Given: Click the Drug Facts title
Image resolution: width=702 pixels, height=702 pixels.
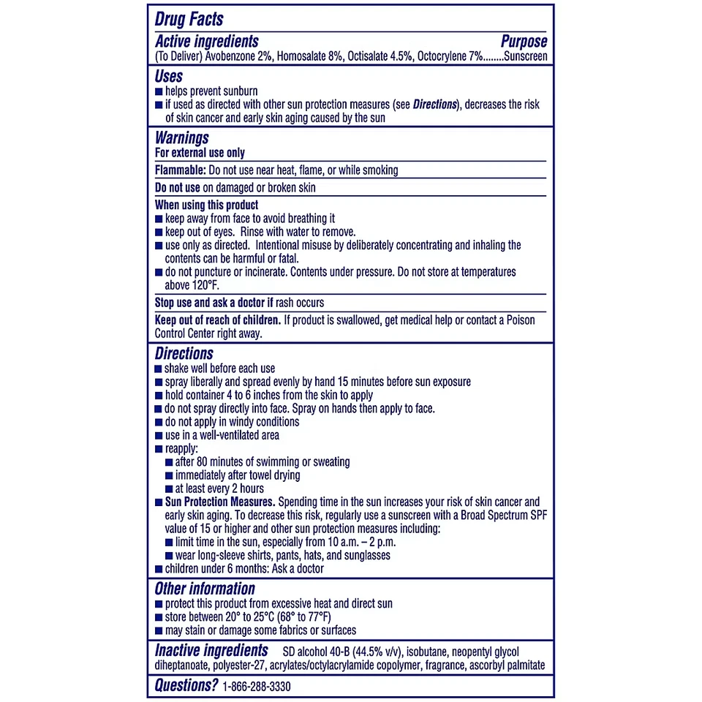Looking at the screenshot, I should (x=189, y=19).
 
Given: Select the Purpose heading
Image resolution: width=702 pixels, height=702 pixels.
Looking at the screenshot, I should (x=524, y=42).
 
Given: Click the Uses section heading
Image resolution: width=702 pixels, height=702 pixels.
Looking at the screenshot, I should (x=169, y=76).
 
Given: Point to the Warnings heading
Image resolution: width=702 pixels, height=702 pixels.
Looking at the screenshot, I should (x=182, y=137).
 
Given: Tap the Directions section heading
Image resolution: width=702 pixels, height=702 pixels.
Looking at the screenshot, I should (x=184, y=354).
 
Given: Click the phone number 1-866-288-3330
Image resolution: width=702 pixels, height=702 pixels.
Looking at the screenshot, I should (x=261, y=686).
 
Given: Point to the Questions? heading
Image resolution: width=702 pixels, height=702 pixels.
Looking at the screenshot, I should (x=186, y=685).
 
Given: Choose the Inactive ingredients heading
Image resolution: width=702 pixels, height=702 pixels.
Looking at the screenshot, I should (x=211, y=650).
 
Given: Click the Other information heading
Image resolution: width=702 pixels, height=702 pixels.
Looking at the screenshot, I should (x=205, y=589).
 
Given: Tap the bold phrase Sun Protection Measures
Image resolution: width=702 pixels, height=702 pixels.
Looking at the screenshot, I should (x=219, y=502).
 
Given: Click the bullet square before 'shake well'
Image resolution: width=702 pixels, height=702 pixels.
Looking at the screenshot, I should (x=159, y=369).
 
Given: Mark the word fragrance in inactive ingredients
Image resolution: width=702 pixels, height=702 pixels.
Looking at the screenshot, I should (x=442, y=666).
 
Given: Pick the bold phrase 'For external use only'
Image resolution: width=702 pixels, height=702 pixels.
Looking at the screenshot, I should (x=200, y=153).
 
